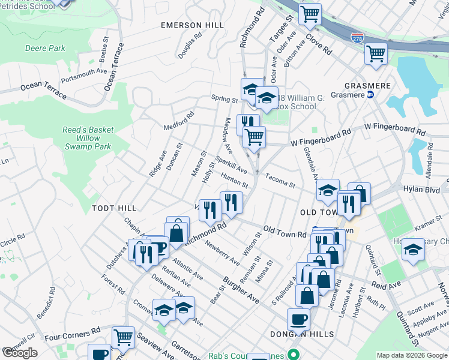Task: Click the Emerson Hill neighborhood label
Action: (x=192, y=25)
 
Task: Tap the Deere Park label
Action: (x=45, y=48)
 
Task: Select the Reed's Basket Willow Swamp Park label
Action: (x=88, y=138)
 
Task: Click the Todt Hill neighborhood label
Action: (x=114, y=208)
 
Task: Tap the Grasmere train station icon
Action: (x=370, y=95)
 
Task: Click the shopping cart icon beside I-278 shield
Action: (x=376, y=54)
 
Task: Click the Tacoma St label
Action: (x=280, y=181)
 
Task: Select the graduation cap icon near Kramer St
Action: (x=413, y=249)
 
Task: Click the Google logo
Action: (x=20, y=353)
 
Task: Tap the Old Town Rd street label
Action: (x=285, y=232)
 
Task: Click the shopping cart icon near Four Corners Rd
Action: (x=123, y=337)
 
